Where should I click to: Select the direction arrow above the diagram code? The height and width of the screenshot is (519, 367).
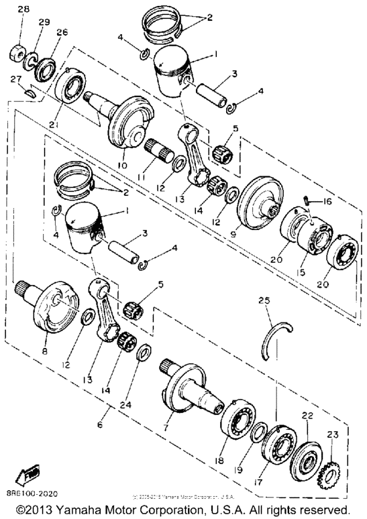point(29,471)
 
